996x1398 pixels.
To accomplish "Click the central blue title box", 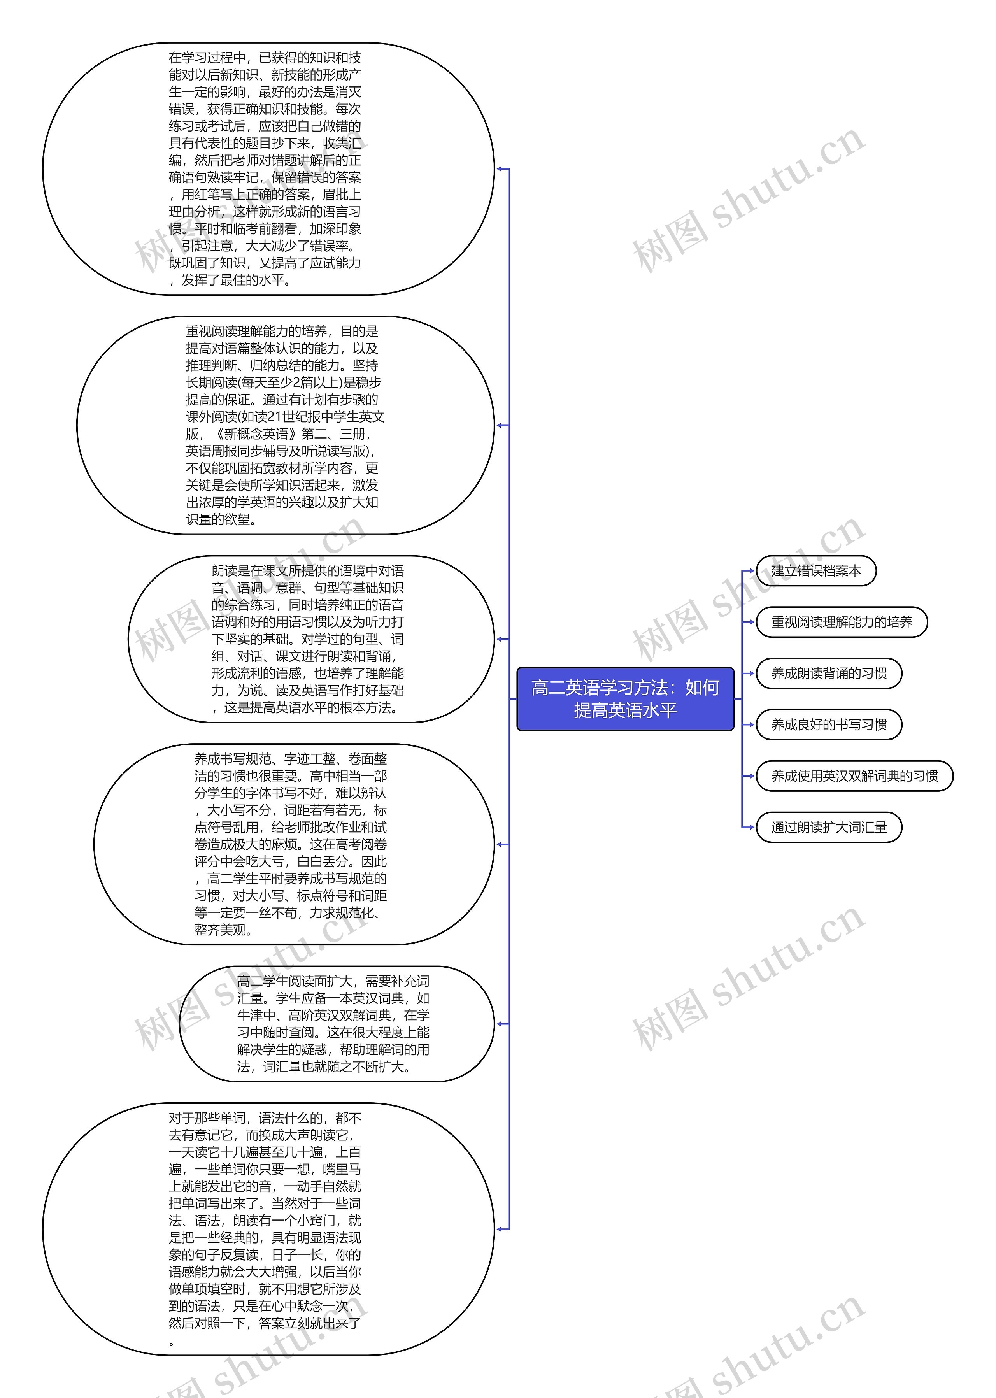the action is click(x=625, y=698).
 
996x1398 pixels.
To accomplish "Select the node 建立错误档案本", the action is click(x=816, y=571).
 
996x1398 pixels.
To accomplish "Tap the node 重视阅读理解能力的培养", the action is click(x=842, y=623).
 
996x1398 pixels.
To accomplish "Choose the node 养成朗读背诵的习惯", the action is click(x=829, y=673).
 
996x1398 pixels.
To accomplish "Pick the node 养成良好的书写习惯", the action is click(x=829, y=725).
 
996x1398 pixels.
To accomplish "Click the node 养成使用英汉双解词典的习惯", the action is click(x=854, y=776).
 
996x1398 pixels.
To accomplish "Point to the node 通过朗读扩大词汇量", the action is click(x=829, y=827).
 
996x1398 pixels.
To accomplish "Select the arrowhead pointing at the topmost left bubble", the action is click(x=500, y=168).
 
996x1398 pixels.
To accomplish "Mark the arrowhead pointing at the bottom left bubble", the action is click(x=500, y=1229).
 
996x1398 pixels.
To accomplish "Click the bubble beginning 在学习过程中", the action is click(x=268, y=168).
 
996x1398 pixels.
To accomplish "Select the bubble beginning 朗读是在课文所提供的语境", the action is click(x=311, y=639).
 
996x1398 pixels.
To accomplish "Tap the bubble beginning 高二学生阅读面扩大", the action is click(x=336, y=1024).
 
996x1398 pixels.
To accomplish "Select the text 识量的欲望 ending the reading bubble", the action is click(x=218, y=519).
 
